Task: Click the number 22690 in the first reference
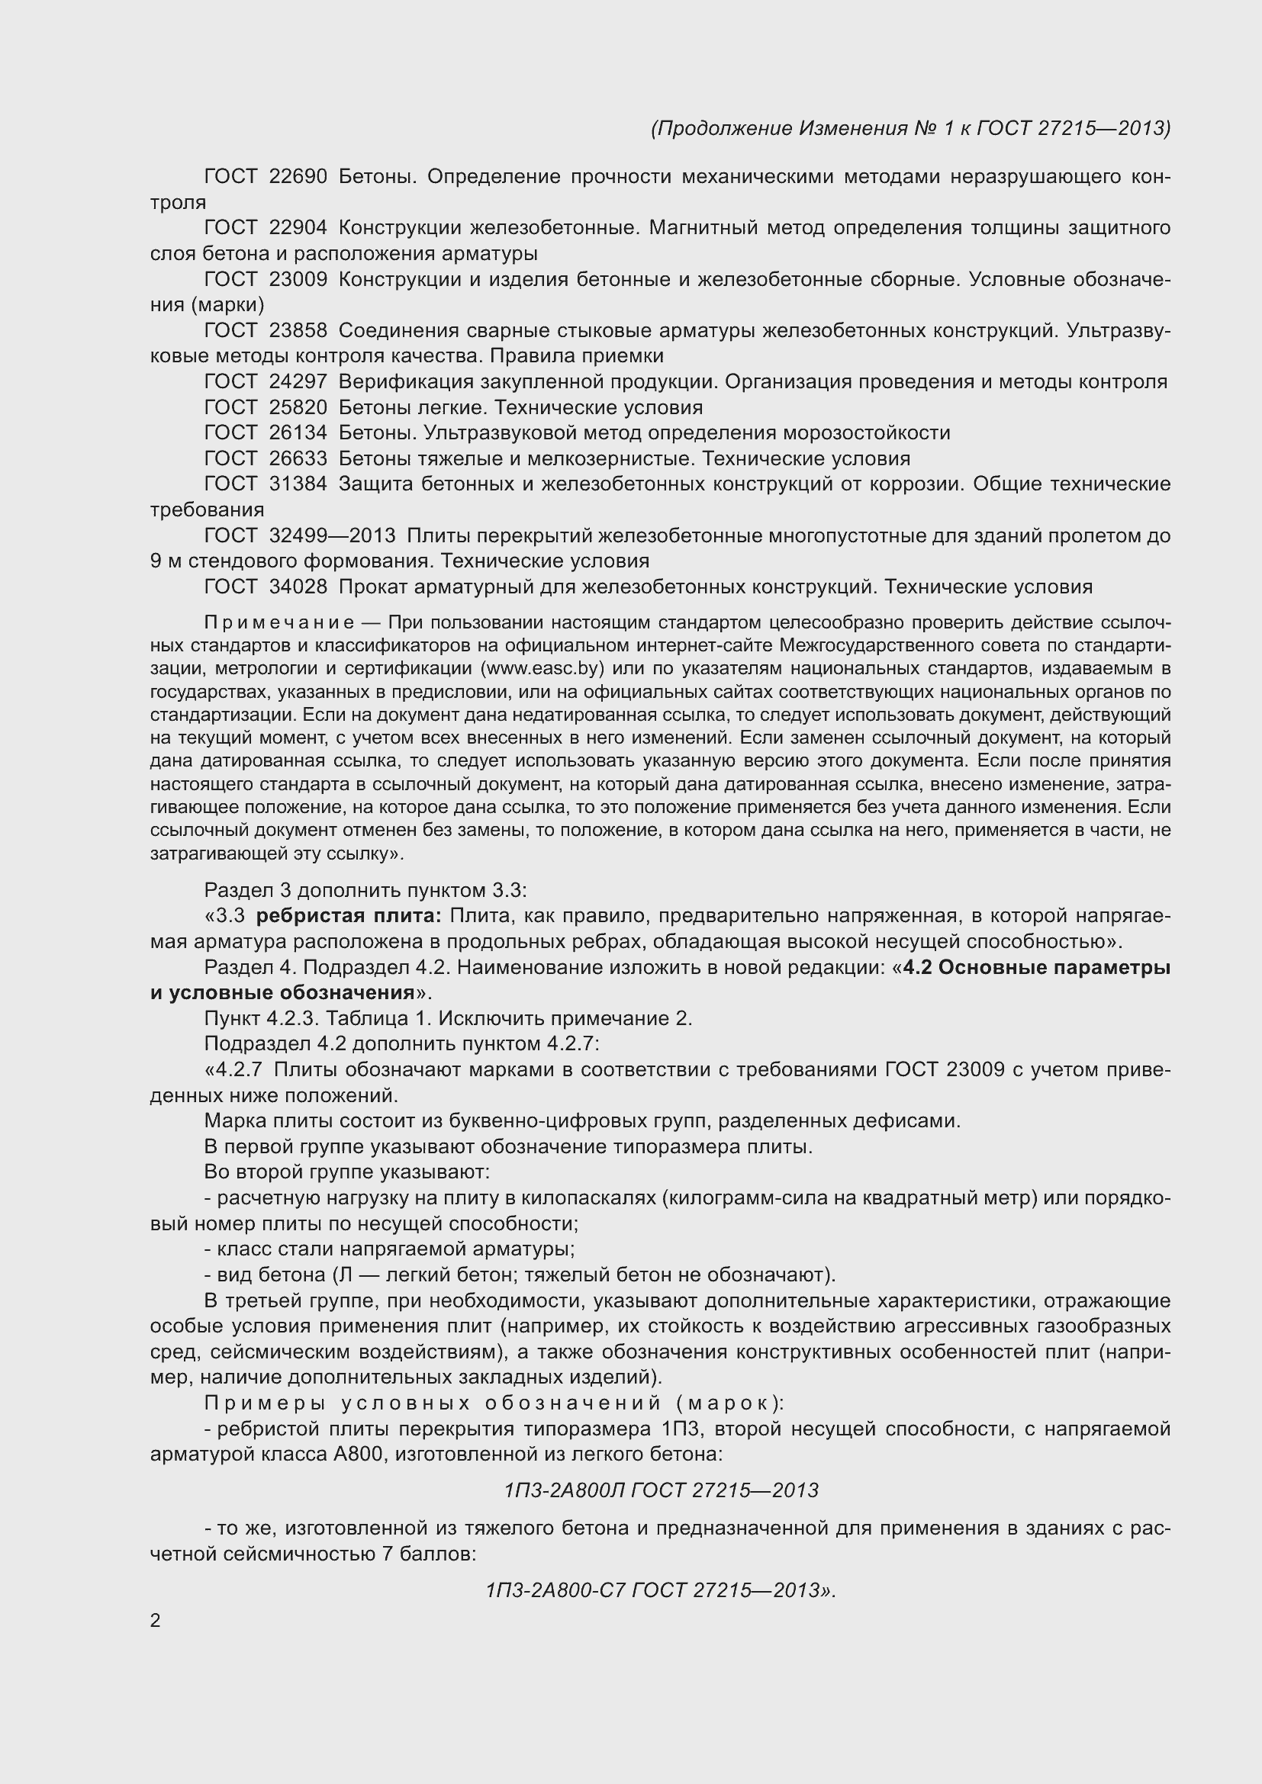click(x=298, y=176)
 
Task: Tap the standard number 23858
click(x=298, y=330)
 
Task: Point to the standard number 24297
click(x=298, y=381)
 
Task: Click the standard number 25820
click(x=298, y=407)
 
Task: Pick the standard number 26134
click(x=298, y=432)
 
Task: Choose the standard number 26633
click(x=298, y=458)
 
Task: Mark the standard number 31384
click(x=298, y=484)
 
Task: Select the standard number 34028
click(x=298, y=587)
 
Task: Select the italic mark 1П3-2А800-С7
click(x=555, y=1590)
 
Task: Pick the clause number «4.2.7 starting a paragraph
click(x=233, y=1070)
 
